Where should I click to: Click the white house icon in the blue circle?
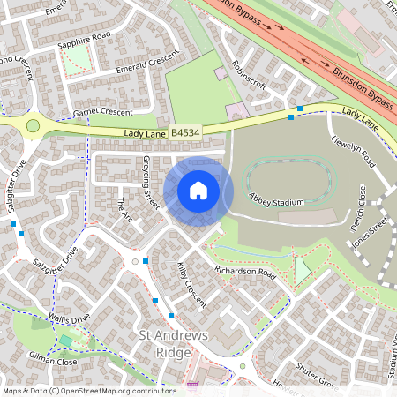(198, 191)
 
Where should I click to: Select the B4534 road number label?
(184, 133)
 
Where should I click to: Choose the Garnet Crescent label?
(102, 113)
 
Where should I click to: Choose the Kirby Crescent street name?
(191, 283)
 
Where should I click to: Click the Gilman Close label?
(55, 362)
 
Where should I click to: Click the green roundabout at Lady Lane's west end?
(34, 126)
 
